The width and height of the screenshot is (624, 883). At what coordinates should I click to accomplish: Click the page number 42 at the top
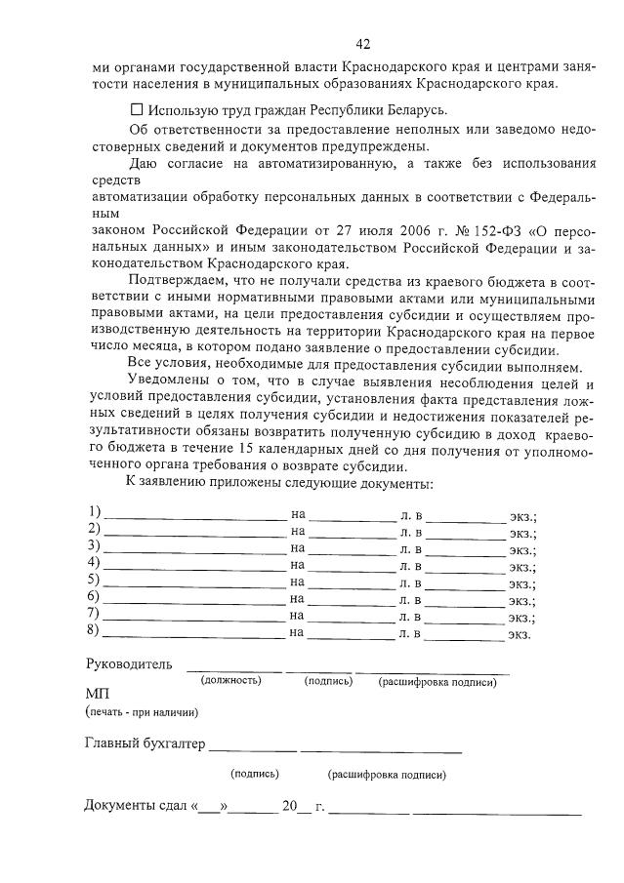363,44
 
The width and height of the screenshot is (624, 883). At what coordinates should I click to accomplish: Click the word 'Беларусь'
415,109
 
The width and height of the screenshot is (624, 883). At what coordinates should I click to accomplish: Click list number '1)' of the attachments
94,512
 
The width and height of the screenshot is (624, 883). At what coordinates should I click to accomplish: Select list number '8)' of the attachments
94,630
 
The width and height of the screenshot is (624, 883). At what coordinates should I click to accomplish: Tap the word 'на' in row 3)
298,547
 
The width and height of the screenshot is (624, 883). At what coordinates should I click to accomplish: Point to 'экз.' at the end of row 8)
519,635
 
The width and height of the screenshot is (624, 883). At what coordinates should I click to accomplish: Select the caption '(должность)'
230,680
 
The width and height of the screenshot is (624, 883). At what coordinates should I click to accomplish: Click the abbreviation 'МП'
97,694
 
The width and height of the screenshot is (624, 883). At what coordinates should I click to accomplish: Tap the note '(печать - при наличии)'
135,711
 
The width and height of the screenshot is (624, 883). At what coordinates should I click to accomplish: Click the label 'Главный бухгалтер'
145,745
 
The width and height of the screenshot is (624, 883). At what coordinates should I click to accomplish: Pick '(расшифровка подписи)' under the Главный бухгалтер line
387,775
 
